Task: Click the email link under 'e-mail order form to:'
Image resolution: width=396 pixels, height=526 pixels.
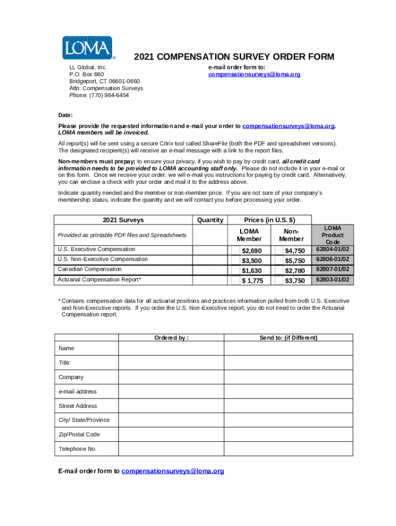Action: click(254, 74)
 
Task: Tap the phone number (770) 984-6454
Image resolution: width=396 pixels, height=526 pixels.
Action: click(111, 95)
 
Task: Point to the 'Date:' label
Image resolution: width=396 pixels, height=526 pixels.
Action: click(65, 115)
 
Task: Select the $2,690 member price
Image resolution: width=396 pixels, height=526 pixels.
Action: click(252, 251)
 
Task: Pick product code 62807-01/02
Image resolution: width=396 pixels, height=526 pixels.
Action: click(332, 269)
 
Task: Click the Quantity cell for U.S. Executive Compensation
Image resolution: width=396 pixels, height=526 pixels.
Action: click(210, 250)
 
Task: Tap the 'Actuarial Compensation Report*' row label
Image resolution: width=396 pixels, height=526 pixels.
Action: click(100, 279)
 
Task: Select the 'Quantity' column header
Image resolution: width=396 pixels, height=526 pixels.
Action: click(210, 220)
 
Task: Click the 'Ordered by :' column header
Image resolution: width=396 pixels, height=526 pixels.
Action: click(171, 337)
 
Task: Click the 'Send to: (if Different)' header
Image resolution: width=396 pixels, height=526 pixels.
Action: click(288, 337)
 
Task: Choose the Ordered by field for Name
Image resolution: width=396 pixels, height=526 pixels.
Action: click(171, 348)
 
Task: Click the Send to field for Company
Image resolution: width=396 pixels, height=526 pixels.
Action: click(288, 377)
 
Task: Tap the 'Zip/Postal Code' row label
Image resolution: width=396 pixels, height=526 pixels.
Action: click(79, 435)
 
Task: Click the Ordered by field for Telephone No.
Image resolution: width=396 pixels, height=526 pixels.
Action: click(171, 449)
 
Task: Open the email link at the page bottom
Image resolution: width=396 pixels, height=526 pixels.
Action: click(173, 471)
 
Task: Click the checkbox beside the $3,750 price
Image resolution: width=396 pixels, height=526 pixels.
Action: click(278, 280)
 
